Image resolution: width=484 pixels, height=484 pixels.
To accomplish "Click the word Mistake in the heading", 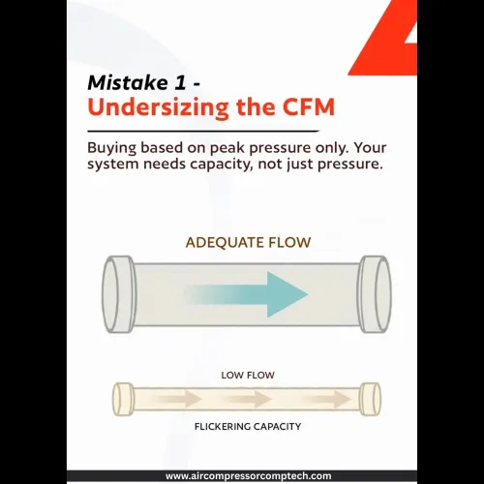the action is [x=128, y=83].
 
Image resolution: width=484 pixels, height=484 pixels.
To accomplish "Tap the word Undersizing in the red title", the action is [x=158, y=106].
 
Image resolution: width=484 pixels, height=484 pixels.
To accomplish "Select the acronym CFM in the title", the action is [x=309, y=107].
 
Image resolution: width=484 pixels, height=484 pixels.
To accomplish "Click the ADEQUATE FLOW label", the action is [x=248, y=243].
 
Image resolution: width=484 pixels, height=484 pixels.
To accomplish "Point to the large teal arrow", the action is [x=246, y=294].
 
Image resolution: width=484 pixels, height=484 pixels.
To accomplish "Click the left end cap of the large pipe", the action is [x=119, y=294].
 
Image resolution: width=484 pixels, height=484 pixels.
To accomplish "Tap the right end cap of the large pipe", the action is [x=375, y=294].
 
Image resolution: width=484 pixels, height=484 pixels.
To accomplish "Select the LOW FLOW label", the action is [x=248, y=376].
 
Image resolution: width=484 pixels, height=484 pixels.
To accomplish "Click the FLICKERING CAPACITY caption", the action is [x=248, y=427].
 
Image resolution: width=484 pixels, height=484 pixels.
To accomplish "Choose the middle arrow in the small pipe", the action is [x=251, y=399].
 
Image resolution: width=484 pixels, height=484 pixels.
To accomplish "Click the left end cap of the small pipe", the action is [x=123, y=399].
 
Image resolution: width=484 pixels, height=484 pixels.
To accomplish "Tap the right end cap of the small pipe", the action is [x=371, y=399].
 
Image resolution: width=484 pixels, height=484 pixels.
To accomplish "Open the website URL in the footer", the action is [x=249, y=476].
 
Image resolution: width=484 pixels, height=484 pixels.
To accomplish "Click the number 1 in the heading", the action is [x=181, y=83].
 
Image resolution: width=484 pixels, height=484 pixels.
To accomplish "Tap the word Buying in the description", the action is [x=112, y=148].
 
